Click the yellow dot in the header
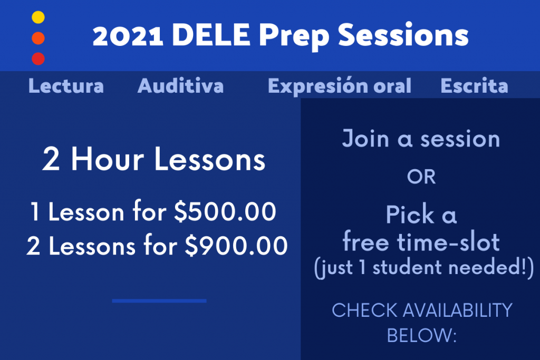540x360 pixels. coord(38,17)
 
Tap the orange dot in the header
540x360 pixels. coord(38,38)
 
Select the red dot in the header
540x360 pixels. coord(38,59)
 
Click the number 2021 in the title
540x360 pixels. coord(128,35)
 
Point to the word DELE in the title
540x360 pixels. coord(211,35)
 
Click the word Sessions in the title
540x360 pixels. coord(403,35)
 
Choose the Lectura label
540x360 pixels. coord(66,86)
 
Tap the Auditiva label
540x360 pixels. coord(181,86)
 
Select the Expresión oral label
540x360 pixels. coord(340,86)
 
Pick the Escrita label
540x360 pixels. coord(474,86)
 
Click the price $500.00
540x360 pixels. coord(225,211)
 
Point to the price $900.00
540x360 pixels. coord(236,246)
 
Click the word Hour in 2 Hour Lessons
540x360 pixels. coord(108,159)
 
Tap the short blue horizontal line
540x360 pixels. coord(159,301)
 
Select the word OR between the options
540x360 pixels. coord(421,177)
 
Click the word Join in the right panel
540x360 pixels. coord(366,139)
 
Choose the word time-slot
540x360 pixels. coord(448,241)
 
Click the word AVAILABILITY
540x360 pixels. coord(458,310)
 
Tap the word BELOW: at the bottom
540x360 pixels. coord(421,335)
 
